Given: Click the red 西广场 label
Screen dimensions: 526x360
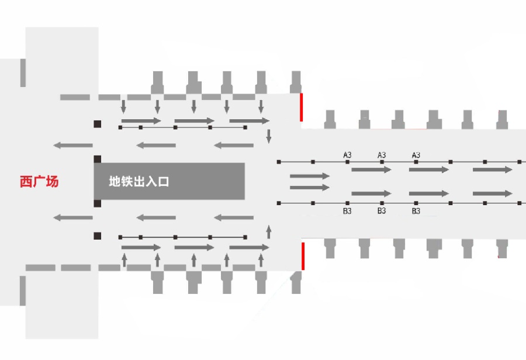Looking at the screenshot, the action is [39, 182].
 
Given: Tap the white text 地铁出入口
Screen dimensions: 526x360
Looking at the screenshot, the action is [139, 182].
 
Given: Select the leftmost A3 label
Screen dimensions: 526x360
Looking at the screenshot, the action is [347, 155].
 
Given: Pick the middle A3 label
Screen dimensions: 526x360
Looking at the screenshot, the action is [382, 155].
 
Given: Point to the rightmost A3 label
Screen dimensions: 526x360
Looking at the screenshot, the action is [416, 155].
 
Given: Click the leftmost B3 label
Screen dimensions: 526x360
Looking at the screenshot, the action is [347, 211].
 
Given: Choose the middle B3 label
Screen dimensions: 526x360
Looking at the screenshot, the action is [382, 211].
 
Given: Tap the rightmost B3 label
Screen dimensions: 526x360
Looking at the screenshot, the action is [416, 211].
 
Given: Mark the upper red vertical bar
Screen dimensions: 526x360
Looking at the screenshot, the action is [301, 108].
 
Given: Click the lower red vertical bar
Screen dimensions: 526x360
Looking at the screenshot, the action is [303, 256].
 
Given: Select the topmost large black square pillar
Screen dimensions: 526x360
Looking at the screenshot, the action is [97, 124].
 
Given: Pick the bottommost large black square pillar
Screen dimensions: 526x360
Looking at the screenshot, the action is [97, 236].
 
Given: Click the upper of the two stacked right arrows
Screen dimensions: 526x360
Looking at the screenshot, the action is [310, 176].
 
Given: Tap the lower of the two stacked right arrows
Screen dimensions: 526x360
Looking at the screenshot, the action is [310, 187].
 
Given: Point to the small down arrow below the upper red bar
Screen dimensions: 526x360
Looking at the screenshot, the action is [269, 136].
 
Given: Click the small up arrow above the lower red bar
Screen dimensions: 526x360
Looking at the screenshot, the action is [269, 232].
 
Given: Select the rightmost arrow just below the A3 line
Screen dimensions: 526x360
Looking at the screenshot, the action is [493, 169].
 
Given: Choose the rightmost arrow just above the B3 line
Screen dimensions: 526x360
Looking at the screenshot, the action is [493, 193].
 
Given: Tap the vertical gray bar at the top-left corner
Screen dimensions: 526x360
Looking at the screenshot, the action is [23, 73].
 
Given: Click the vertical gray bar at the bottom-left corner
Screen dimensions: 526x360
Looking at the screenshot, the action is [23, 291].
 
